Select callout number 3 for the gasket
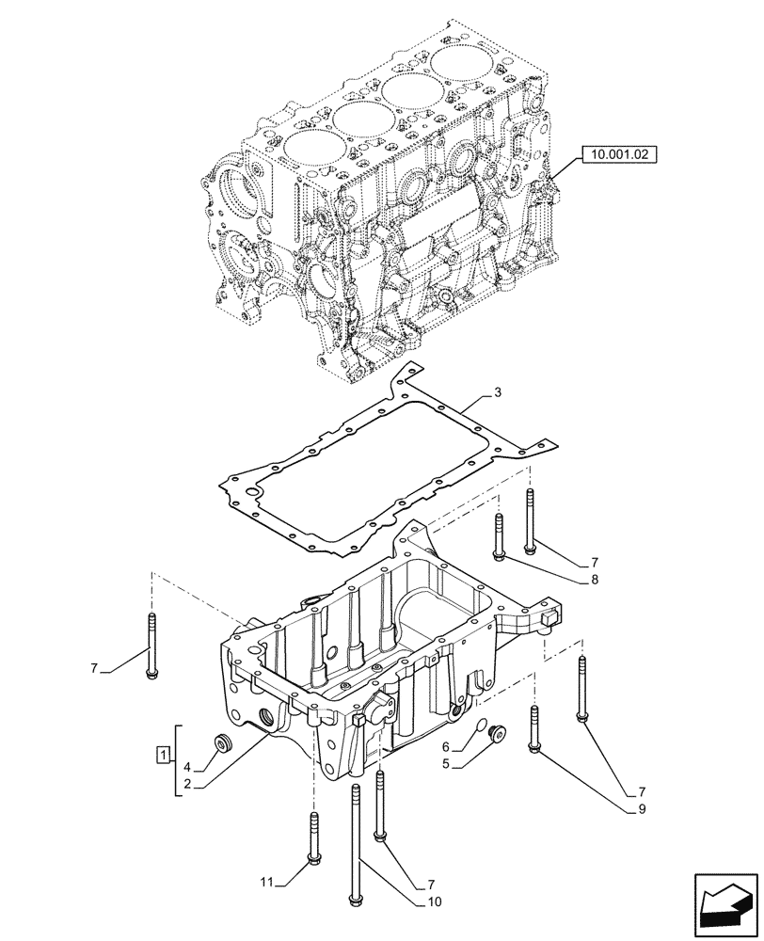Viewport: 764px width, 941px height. click(x=498, y=391)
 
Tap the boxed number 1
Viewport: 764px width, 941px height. click(x=163, y=754)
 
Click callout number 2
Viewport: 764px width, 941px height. click(x=187, y=783)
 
